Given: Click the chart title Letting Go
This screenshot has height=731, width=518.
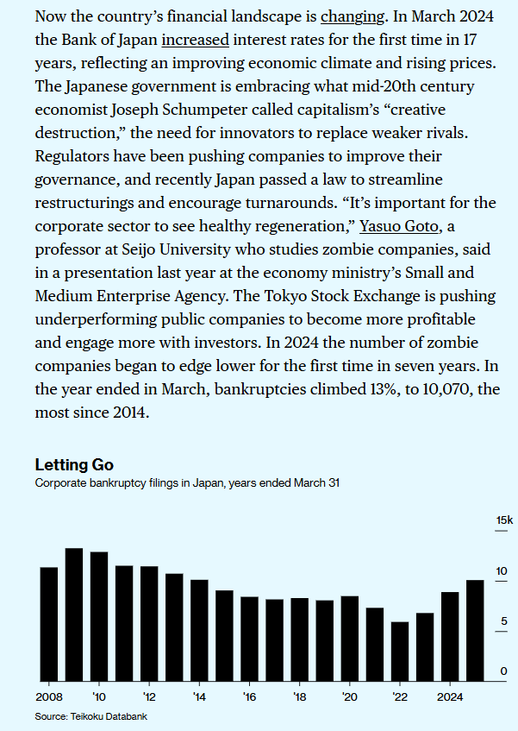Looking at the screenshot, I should coord(74,466).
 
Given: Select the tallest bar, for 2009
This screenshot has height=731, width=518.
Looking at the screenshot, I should coord(73,614).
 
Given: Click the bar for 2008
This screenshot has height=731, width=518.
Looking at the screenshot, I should coord(48,623).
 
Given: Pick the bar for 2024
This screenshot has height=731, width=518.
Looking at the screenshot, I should coord(450,635).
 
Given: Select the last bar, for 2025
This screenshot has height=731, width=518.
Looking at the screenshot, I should coord(475,629).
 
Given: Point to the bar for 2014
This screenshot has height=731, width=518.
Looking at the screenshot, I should coord(199,629).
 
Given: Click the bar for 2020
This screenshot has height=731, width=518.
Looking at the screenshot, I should coord(349,637).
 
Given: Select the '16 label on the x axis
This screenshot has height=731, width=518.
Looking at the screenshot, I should coord(250,696).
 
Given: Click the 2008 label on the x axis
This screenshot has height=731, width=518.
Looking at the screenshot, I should coord(48,696).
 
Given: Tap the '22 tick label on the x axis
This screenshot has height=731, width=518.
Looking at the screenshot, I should coord(400,696).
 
